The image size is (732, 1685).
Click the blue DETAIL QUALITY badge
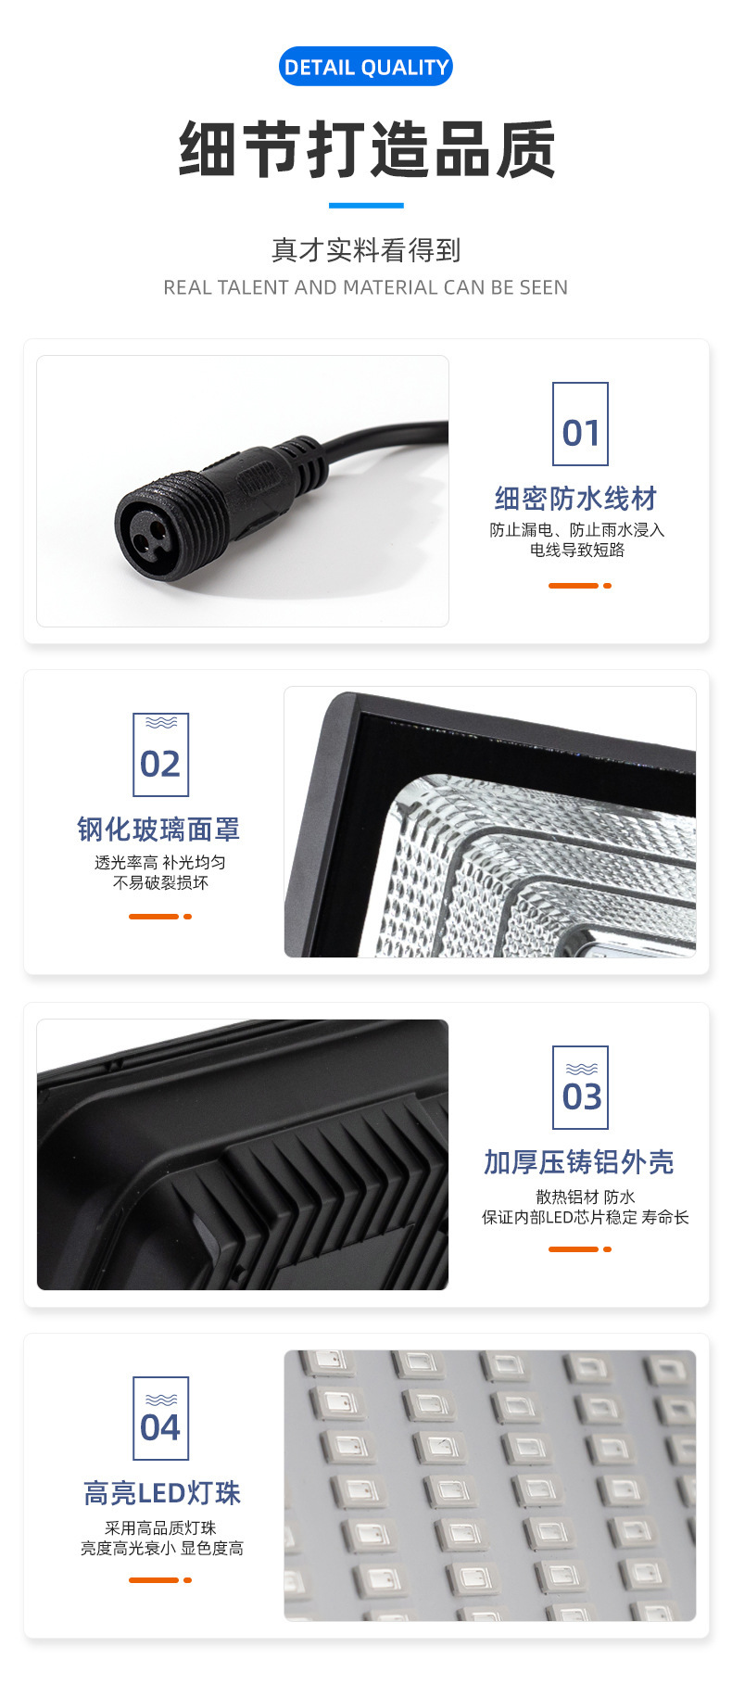click(x=366, y=67)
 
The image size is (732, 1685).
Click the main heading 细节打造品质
click(x=366, y=149)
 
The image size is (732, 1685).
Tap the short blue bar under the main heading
click(x=366, y=205)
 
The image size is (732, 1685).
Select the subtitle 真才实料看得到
click(x=366, y=249)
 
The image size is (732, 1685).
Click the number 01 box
click(x=580, y=424)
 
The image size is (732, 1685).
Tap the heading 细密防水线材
click(x=575, y=499)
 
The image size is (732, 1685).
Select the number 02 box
click(x=160, y=754)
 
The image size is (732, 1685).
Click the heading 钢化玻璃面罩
click(x=158, y=830)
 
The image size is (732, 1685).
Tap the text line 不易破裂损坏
click(x=160, y=882)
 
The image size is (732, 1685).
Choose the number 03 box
click(x=580, y=1087)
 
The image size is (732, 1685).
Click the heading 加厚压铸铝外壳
click(x=578, y=1162)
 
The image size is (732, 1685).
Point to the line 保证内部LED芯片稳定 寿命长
click(x=585, y=1217)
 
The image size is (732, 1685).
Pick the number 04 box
click(x=160, y=1418)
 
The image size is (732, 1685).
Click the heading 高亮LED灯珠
click(x=161, y=1493)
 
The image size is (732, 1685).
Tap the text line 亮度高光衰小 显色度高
click(x=161, y=1548)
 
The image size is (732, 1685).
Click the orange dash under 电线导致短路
click(x=574, y=586)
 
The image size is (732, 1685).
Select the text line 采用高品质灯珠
click(x=160, y=1527)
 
